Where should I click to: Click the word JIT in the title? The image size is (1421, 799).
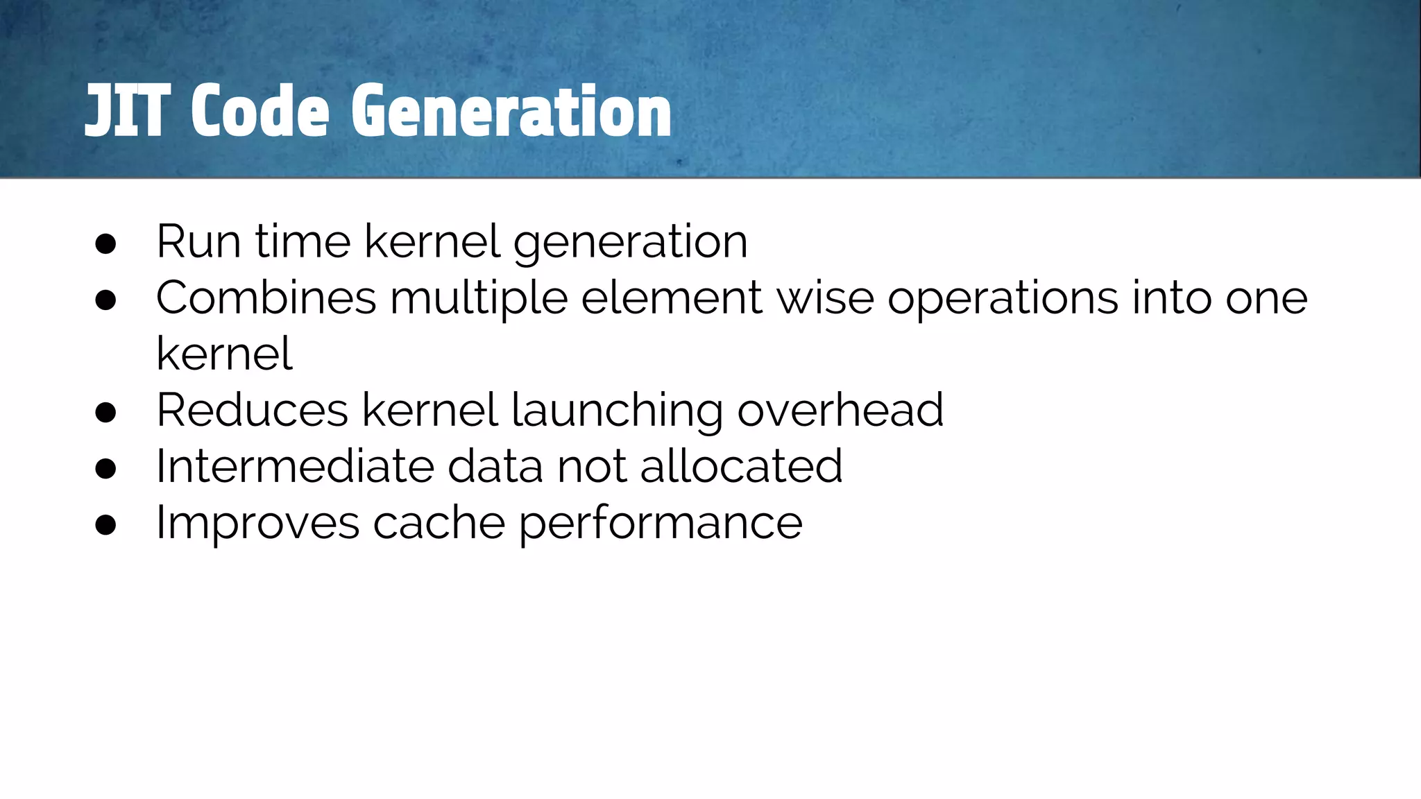(x=127, y=111)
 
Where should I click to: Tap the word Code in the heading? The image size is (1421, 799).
(x=259, y=111)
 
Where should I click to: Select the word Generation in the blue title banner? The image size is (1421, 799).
(x=511, y=111)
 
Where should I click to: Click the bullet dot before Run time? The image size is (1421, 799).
(x=105, y=243)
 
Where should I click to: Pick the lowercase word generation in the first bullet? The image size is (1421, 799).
(x=630, y=243)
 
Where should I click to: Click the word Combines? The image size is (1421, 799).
(x=266, y=298)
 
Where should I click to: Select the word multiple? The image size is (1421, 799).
(x=479, y=298)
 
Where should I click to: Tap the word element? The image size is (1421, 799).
(x=671, y=298)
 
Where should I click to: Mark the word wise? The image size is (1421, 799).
(x=825, y=298)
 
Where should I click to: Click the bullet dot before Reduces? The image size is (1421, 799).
(x=105, y=412)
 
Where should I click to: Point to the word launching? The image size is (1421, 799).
(x=617, y=411)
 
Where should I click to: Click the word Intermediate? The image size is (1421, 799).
(x=295, y=466)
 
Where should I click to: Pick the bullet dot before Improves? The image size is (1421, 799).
(x=105, y=524)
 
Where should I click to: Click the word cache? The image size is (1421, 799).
(x=439, y=523)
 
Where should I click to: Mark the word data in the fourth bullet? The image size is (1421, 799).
(x=495, y=466)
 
